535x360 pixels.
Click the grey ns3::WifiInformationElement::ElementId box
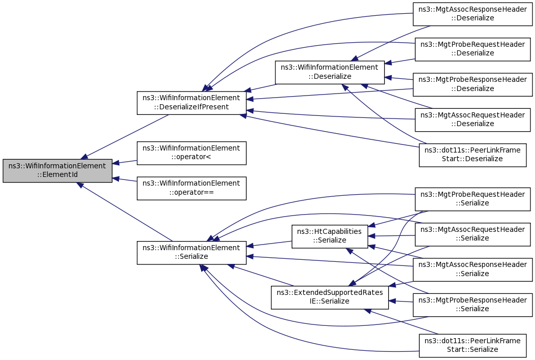[57, 170]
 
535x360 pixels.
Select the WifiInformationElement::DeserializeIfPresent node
[192, 103]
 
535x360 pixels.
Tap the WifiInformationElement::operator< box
[192, 153]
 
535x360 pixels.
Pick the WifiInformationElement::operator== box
[192, 188]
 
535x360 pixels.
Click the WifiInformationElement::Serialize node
[192, 252]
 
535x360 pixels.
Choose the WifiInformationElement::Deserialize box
[330, 72]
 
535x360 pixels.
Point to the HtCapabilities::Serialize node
[330, 236]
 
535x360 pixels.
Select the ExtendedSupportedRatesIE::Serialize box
[330, 297]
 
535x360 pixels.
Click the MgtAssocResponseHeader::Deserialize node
[473, 14]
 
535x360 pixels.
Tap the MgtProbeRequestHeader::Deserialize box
[473, 49]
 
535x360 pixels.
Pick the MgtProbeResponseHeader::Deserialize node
[473, 84]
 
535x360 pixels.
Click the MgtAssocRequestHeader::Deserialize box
[473, 119]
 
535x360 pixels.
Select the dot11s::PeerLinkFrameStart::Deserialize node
[473, 155]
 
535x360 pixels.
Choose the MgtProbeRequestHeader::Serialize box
[473, 199]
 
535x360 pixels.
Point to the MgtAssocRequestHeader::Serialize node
[473, 234]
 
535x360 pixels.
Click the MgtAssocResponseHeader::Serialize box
[473, 269]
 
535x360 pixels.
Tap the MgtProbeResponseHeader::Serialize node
[473, 305]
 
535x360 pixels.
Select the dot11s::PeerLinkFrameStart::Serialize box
[473, 345]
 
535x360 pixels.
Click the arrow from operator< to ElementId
[124, 162]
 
